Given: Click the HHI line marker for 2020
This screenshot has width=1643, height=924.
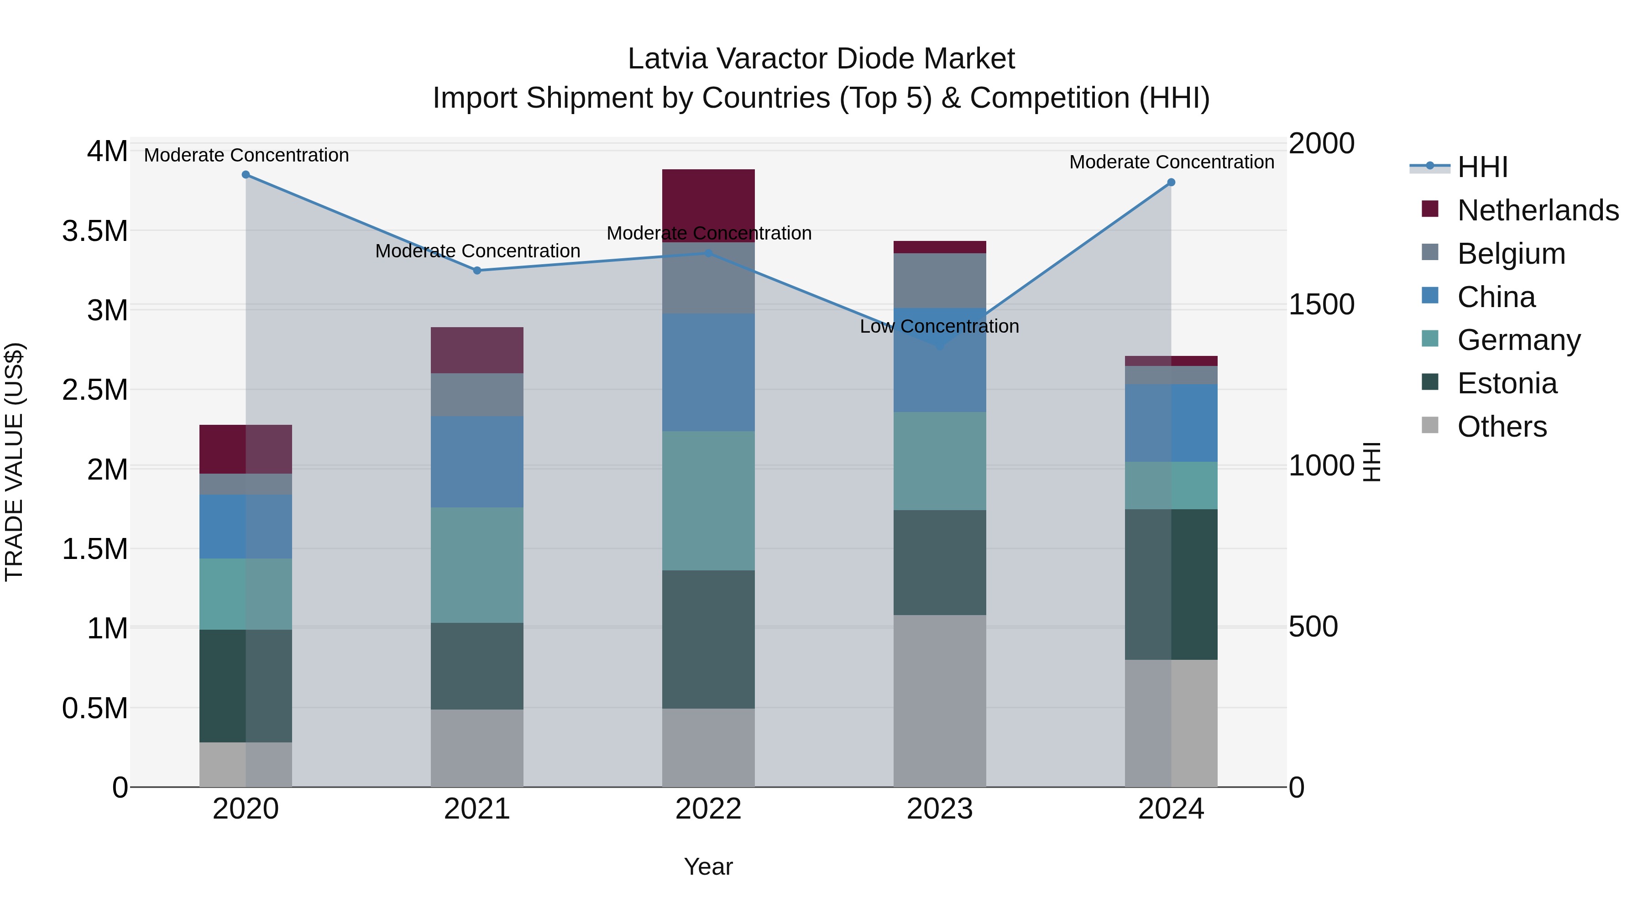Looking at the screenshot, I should (246, 175).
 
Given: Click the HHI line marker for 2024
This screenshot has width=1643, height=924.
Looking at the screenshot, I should (1171, 183).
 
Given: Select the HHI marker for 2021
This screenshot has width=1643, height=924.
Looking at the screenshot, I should (477, 271).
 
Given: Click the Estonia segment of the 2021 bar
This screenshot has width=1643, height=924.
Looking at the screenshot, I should (477, 666).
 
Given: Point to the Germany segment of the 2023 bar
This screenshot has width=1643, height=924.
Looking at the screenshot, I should (940, 460).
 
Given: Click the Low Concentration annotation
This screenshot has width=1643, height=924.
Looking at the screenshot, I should (939, 327).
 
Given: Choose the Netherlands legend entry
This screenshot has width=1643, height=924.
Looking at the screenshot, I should (1538, 210).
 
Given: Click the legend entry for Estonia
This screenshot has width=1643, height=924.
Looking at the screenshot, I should (1507, 383).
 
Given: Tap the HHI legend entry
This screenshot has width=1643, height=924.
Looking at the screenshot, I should (1482, 167).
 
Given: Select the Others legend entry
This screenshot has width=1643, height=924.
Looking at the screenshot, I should (1502, 427).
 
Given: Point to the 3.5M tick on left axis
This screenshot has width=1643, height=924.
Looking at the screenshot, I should (95, 231).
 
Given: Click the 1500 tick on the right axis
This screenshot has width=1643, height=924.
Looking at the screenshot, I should (1321, 304).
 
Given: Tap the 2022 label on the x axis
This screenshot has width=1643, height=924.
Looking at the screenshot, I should (708, 809).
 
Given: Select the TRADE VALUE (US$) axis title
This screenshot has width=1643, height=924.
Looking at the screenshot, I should (14, 462).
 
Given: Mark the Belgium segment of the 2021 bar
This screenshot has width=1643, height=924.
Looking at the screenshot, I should (477, 395).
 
